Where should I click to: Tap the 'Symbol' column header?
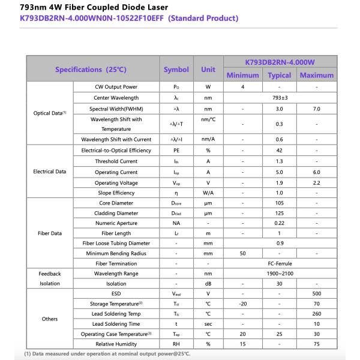click(176, 70)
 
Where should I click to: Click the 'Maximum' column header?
click(316, 75)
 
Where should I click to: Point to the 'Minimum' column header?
click(242, 75)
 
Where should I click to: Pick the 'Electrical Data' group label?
click(50, 172)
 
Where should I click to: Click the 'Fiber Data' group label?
click(50, 233)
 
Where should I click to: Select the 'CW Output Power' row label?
click(116, 87)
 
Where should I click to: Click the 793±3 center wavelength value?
click(280, 98)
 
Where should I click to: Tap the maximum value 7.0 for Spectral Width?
click(316, 109)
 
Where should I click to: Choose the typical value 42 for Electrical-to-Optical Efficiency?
click(279, 151)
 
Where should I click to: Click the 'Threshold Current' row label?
click(116, 161)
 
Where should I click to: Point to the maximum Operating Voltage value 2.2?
click(316, 182)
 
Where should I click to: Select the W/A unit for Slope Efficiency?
click(208, 193)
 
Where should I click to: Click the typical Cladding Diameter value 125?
click(279, 213)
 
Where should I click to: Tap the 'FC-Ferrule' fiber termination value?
click(280, 263)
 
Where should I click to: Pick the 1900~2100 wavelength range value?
click(280, 274)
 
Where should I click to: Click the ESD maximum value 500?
click(316, 293)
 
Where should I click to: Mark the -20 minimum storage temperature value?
click(242, 304)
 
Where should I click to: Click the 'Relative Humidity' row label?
click(116, 344)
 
